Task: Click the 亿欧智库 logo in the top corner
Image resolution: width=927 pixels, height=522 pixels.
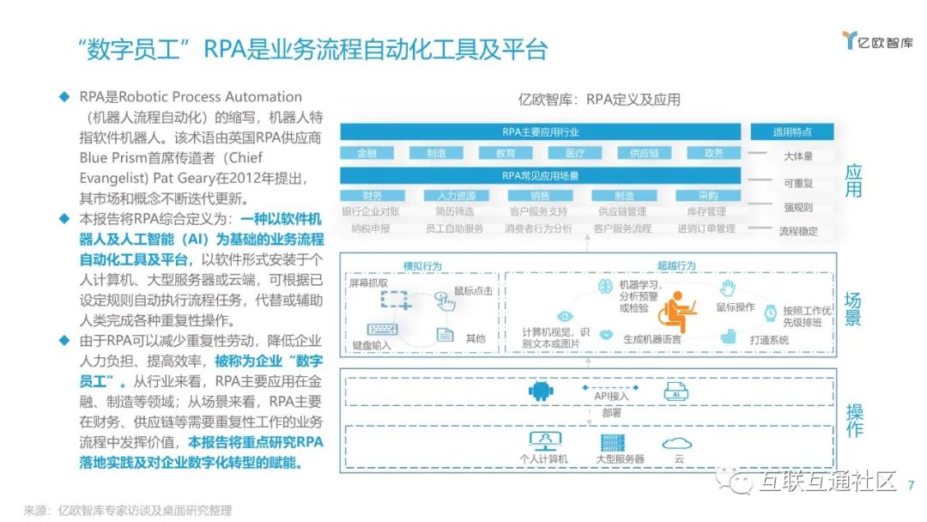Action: point(877,40)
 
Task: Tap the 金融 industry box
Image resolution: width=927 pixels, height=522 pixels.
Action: point(367,153)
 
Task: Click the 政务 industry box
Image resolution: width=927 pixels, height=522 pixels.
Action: point(713,153)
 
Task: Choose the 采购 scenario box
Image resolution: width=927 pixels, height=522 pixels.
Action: point(707,196)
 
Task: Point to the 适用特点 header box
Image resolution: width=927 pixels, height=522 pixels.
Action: point(791,132)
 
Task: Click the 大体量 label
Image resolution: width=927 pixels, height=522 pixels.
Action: point(797,156)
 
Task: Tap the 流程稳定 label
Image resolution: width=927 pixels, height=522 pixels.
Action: point(797,231)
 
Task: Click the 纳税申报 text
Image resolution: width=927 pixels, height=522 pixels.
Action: point(371,228)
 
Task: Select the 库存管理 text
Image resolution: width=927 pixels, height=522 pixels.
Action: point(706,211)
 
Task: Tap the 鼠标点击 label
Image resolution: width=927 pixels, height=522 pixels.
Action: point(473,291)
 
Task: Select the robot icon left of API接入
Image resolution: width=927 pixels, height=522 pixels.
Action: point(539,392)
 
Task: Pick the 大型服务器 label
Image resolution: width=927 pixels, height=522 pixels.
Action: point(620,459)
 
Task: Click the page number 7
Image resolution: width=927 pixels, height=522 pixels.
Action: point(911,485)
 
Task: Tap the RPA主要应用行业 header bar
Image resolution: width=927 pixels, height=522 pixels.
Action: point(540,132)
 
